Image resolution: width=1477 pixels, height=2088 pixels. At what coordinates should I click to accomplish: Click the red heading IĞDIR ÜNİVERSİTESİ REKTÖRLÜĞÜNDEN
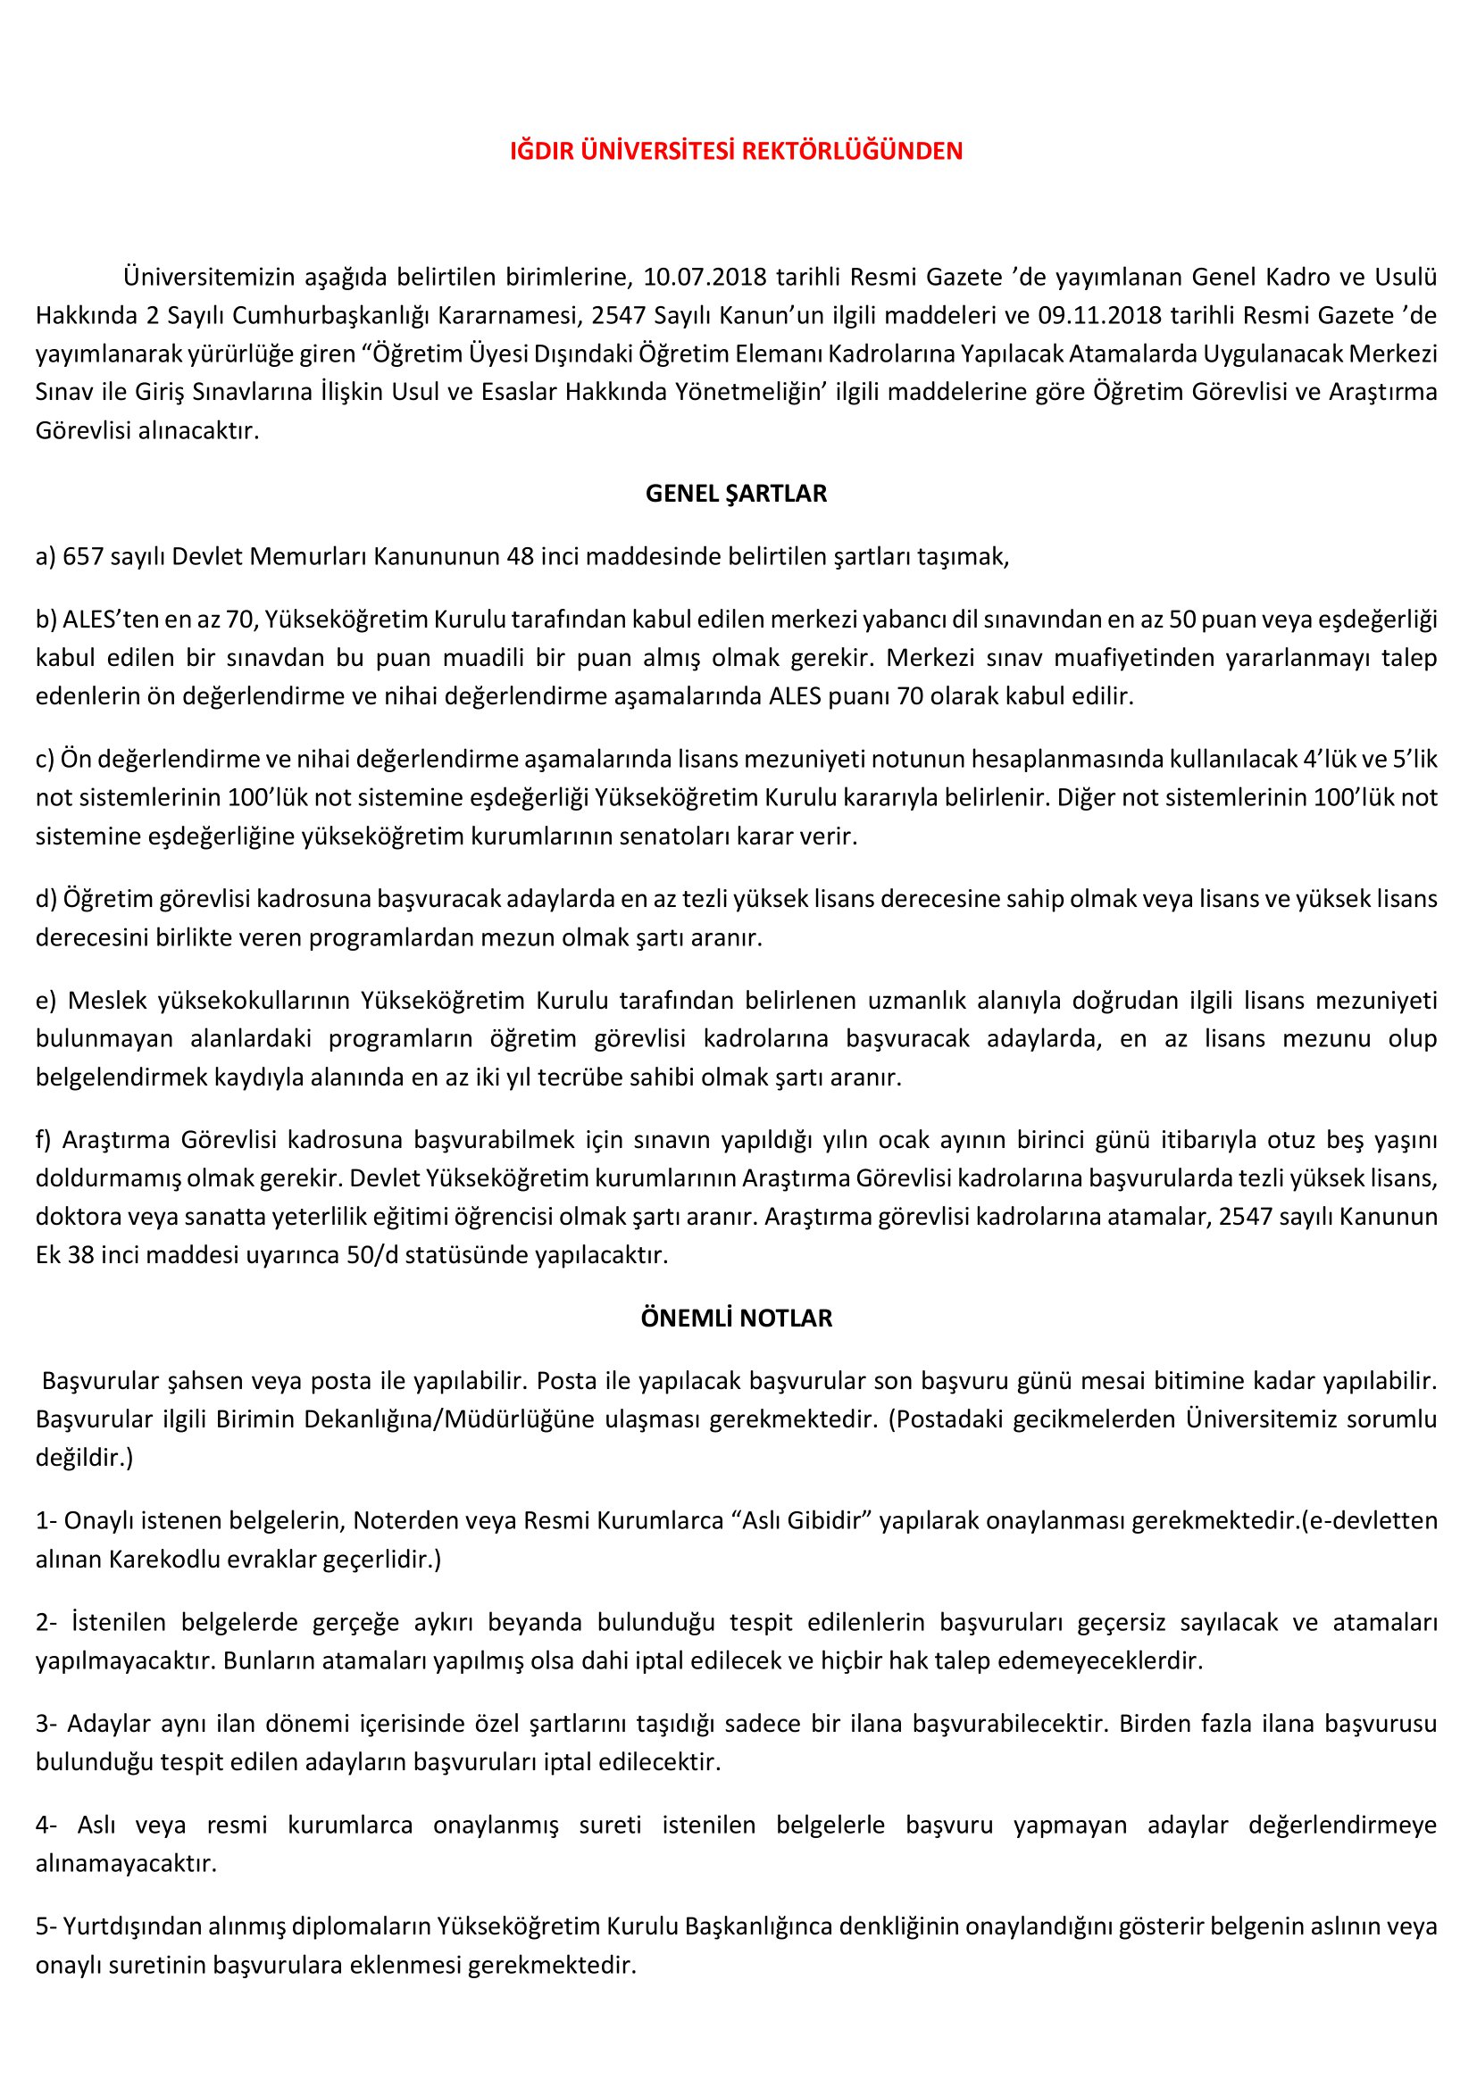(736, 151)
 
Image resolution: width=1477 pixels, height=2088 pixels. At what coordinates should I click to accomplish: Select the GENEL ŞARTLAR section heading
(736, 494)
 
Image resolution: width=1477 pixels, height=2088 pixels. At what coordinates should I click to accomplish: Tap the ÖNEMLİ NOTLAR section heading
(736, 1319)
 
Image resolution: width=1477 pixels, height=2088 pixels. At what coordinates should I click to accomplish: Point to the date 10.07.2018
(705, 277)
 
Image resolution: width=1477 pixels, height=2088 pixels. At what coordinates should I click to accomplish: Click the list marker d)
(46, 899)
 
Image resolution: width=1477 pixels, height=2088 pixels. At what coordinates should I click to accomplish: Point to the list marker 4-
(47, 1826)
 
